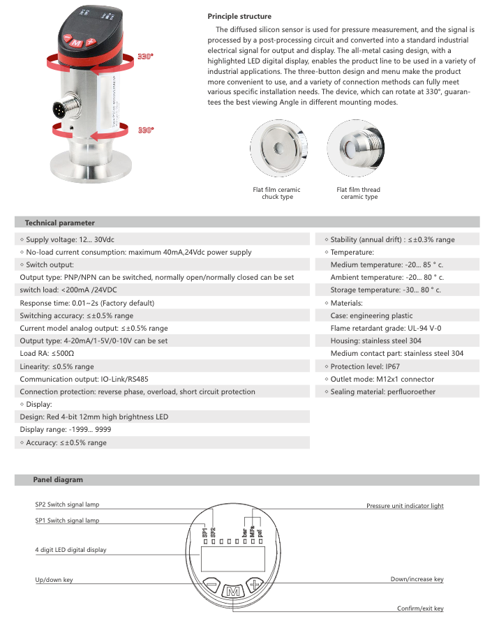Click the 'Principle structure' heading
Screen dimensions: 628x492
coord(239,16)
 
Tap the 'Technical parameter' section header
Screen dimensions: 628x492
coord(59,223)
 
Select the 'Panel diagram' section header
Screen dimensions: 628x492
coord(58,479)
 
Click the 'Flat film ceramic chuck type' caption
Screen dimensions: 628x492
coord(276,193)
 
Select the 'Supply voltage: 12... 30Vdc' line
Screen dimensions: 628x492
coord(70,239)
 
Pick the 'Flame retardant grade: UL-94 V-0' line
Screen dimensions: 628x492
coord(385,328)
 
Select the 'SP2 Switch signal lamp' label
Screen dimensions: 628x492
coord(67,503)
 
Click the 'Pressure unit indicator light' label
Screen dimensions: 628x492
coord(405,506)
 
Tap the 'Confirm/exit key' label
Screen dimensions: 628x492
coord(420,608)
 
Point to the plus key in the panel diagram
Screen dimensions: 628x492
coord(257,584)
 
